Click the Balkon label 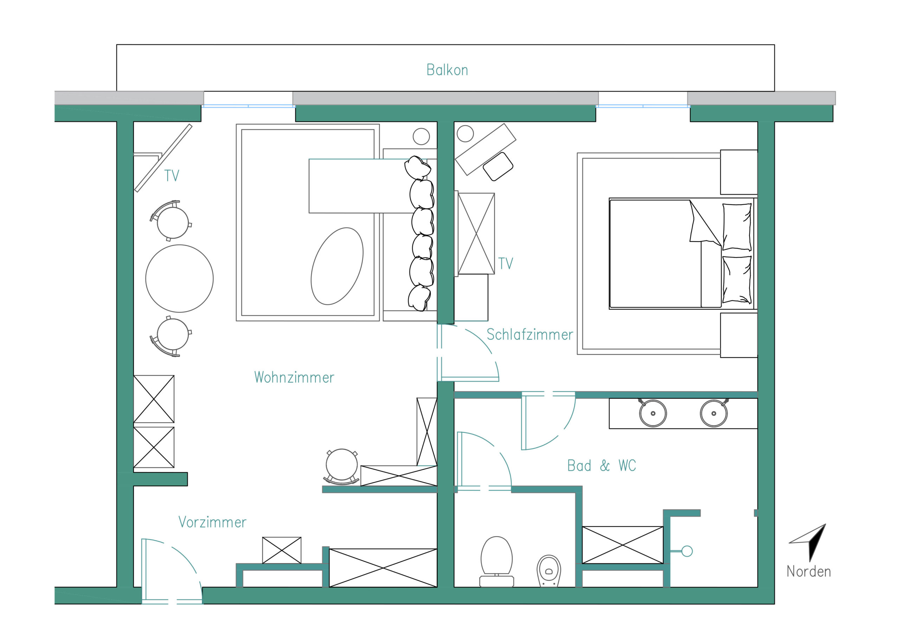pyautogui.click(x=447, y=70)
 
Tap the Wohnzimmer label pyautogui.click(x=294, y=378)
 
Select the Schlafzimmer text pyautogui.click(x=529, y=334)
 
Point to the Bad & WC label pyautogui.click(x=601, y=465)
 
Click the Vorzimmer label pyautogui.click(x=212, y=522)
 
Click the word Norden pyautogui.click(x=809, y=572)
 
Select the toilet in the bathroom pyautogui.click(x=497, y=561)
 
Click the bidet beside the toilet pyautogui.click(x=549, y=571)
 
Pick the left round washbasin pyautogui.click(x=652, y=413)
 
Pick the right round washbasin pyautogui.click(x=714, y=413)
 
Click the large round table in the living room pyautogui.click(x=180, y=279)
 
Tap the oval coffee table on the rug pyautogui.click(x=337, y=266)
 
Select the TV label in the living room pyautogui.click(x=172, y=176)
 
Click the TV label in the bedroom pyautogui.click(x=506, y=263)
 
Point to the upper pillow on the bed pyautogui.click(x=737, y=227)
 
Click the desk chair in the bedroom pyautogui.click(x=498, y=167)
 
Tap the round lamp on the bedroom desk pyautogui.click(x=465, y=134)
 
